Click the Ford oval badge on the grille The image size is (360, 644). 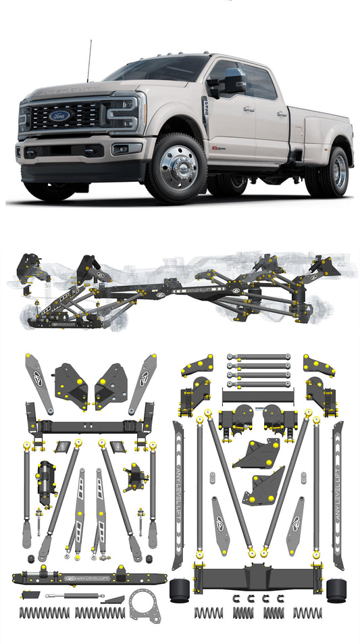coord(60,116)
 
